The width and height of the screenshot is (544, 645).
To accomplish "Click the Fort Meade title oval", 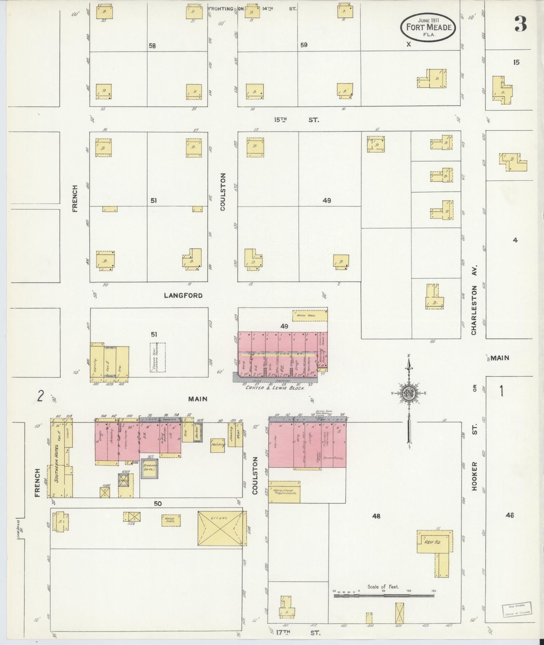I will (428, 27).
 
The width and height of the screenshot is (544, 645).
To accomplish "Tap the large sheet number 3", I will (520, 24).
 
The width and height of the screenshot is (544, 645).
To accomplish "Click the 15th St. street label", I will (296, 120).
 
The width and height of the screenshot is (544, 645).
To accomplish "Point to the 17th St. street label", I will (296, 633).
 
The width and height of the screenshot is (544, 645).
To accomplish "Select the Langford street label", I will (183, 296).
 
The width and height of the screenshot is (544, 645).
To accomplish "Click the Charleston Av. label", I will (474, 310).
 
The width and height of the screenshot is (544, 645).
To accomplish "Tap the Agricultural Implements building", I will (284, 492).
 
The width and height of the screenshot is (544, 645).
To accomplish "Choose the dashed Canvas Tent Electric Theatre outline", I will (158, 357).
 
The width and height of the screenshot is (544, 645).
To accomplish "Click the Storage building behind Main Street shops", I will (149, 468).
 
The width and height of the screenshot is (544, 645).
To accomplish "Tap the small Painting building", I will (218, 445).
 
